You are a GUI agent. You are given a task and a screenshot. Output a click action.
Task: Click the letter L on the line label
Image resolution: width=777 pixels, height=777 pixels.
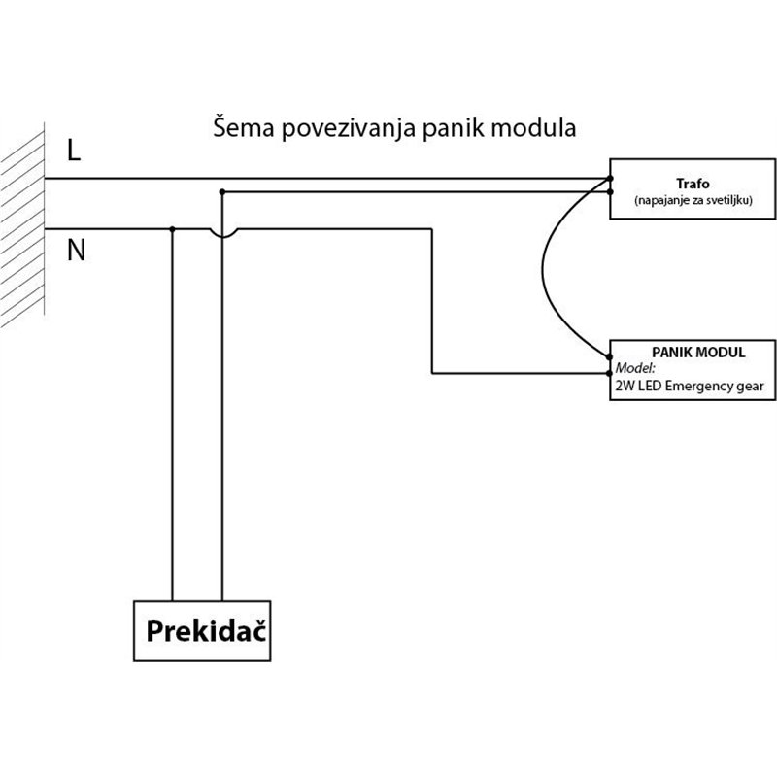coord(75,151)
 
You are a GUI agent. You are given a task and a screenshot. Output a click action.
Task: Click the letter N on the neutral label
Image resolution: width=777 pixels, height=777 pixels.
coord(77,251)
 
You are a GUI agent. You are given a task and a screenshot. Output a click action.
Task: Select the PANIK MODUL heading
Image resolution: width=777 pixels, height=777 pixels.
coord(692,352)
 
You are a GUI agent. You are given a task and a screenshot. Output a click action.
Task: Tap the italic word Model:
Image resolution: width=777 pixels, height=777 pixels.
coord(635,369)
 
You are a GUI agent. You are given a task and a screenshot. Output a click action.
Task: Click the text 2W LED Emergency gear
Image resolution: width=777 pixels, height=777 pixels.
coord(691,387)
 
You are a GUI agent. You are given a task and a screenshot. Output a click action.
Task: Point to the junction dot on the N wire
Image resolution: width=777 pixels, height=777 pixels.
coord(172,229)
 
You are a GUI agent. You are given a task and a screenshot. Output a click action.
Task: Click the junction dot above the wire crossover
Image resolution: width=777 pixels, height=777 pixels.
coord(222,192)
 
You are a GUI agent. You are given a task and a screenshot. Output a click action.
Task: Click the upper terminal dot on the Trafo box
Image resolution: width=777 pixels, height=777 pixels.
coord(610,179)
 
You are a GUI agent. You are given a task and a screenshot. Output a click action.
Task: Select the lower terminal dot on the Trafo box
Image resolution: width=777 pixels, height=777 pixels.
coord(610,192)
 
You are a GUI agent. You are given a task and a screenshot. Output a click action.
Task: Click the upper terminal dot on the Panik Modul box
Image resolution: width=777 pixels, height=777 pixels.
coord(610,358)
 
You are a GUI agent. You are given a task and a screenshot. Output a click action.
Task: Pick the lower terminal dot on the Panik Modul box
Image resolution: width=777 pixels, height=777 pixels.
coord(610,373)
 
